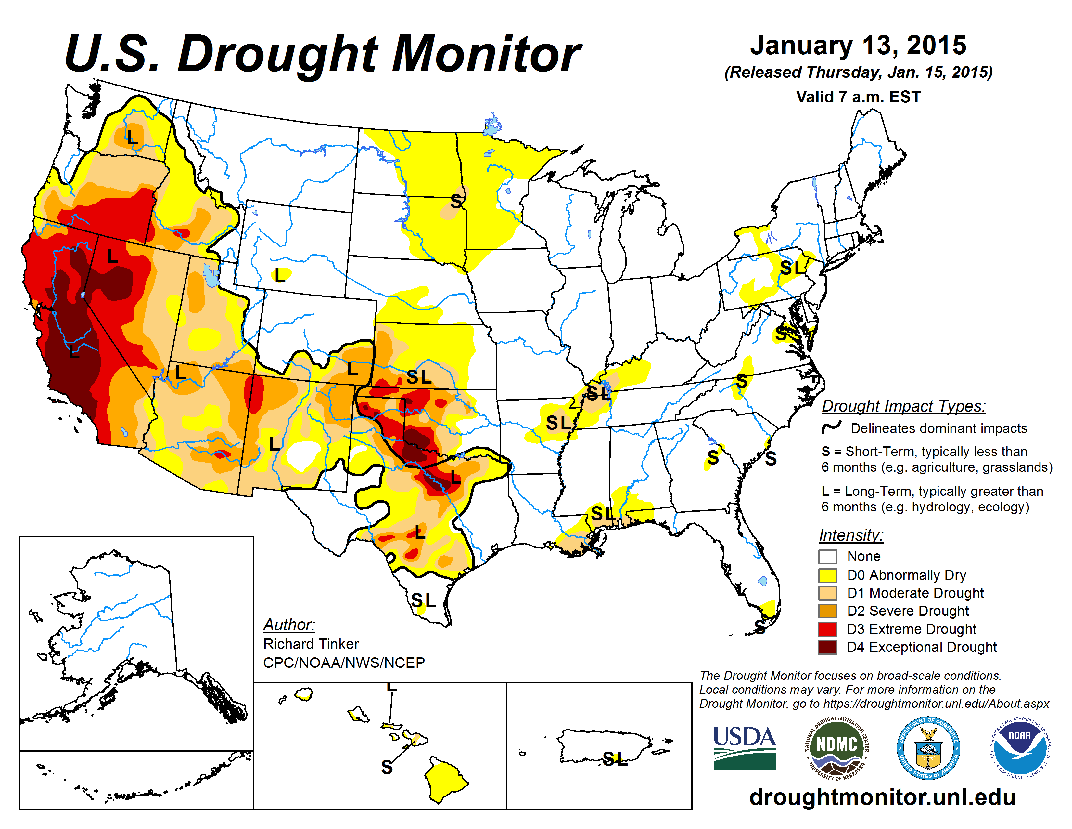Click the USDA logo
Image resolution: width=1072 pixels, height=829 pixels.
tap(744, 747)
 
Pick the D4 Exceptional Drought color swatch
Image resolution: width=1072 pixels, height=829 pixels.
tap(828, 647)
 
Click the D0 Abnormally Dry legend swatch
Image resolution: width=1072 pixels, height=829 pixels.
tap(828, 575)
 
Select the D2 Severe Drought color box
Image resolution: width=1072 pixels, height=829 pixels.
tap(828, 611)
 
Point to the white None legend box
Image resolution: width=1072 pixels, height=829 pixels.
tap(828, 557)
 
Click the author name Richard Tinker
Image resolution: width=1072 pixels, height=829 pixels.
tap(311, 644)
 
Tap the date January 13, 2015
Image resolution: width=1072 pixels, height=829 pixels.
tap(858, 45)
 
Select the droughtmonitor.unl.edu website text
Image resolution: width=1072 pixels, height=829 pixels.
tap(882, 796)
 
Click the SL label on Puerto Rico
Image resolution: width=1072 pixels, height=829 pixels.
tap(615, 759)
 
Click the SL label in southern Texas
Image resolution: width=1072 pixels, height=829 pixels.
tap(423, 600)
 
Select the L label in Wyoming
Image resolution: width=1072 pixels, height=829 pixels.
tap(280, 275)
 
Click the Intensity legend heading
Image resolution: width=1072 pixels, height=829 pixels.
tap(851, 535)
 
